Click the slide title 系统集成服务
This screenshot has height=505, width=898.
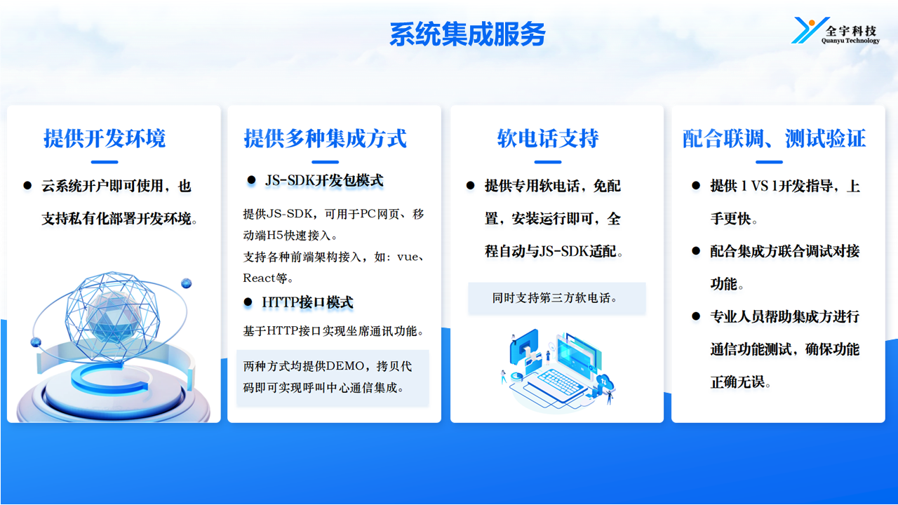click(467, 34)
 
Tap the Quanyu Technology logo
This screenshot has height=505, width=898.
click(836, 30)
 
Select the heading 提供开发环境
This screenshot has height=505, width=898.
click(105, 138)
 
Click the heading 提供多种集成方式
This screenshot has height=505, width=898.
click(325, 138)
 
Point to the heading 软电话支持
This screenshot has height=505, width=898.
click(548, 138)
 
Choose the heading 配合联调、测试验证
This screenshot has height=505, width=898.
click(775, 138)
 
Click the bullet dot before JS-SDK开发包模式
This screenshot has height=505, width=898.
click(251, 180)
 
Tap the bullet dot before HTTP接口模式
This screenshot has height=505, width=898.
click(248, 302)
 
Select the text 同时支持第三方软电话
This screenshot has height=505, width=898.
click(555, 298)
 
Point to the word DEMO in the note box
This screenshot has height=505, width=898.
click(345, 366)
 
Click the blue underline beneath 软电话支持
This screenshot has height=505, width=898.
click(548, 162)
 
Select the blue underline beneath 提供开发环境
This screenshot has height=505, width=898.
click(105, 162)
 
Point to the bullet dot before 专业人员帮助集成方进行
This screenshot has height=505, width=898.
click(696, 316)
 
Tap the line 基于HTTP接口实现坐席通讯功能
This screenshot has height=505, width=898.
click(333, 331)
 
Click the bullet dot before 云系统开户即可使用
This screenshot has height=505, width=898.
click(27, 186)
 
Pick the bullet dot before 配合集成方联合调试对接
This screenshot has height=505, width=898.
click(696, 251)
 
